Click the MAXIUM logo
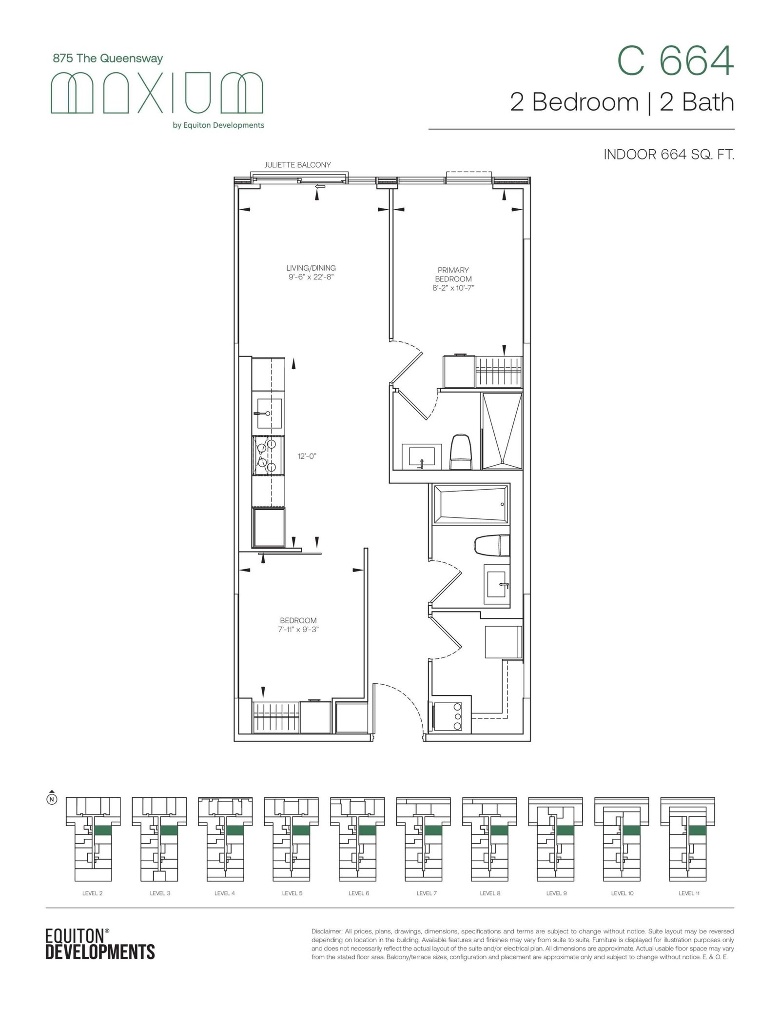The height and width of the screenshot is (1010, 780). point(157,93)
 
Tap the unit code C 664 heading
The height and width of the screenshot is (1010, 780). point(675,61)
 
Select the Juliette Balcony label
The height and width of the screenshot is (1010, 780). point(297,165)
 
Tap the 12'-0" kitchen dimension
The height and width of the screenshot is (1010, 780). point(307,456)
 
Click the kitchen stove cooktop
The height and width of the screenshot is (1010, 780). point(268,455)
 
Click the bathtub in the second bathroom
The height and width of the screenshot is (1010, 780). point(470,504)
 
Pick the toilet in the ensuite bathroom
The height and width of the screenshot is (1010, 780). point(461,452)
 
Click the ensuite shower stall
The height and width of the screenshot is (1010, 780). point(502,431)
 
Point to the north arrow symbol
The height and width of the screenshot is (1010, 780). point(52,797)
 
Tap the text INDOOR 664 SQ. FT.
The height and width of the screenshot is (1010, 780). point(669,155)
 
